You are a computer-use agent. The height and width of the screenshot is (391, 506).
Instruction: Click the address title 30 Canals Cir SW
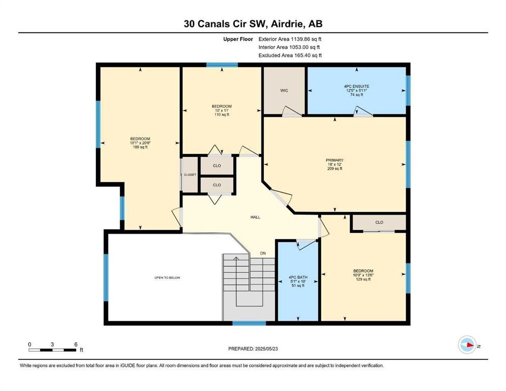[x=225, y=24]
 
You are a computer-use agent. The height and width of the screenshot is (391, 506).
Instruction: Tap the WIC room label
[x=284, y=91]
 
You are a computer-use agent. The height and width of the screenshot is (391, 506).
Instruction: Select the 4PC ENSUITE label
[x=357, y=87]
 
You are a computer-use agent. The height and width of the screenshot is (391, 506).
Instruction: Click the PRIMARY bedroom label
[x=335, y=160]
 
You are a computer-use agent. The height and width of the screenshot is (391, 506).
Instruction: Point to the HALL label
[x=255, y=217]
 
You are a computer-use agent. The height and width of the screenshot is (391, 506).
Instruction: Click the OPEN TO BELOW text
[x=167, y=277]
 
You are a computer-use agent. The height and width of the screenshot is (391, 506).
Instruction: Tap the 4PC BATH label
[x=298, y=277]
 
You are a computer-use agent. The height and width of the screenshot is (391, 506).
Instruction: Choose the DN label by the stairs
[x=263, y=254]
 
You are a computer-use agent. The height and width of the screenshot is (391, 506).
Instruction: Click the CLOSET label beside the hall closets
[x=190, y=175]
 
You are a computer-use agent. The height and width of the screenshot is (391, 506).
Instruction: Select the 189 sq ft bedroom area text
[x=140, y=147]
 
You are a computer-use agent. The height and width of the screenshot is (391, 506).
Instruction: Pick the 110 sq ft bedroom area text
[x=222, y=115]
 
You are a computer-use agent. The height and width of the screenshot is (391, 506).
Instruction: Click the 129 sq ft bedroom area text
[x=363, y=280]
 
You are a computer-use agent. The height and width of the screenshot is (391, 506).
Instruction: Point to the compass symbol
[x=467, y=345]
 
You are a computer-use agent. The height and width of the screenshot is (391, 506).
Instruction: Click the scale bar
[x=52, y=350]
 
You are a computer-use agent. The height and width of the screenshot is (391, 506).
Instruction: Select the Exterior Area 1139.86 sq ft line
[x=290, y=39]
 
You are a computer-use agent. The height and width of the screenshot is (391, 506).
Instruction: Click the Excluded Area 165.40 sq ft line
[x=290, y=55]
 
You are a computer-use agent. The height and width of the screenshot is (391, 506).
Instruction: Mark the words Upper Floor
[x=238, y=39]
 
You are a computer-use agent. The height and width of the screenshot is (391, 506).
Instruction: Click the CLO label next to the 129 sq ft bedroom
[x=379, y=222]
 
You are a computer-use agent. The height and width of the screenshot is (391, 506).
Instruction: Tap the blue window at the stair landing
[x=249, y=323]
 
